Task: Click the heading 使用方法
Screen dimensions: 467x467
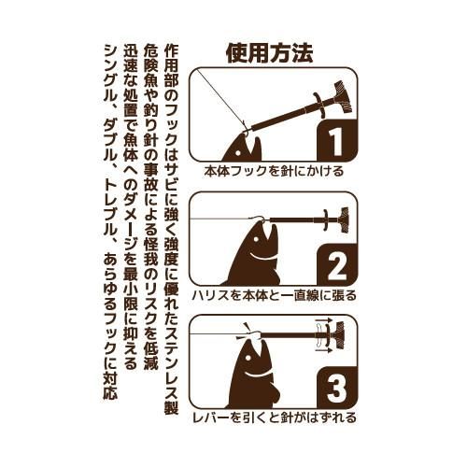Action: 270,53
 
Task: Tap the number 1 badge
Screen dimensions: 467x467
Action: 337,140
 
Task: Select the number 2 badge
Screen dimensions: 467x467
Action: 337,264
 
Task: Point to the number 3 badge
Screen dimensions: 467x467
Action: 337,388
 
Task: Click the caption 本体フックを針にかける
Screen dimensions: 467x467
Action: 274,171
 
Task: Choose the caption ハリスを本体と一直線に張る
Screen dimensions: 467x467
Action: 274,295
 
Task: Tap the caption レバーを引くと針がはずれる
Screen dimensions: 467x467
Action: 274,417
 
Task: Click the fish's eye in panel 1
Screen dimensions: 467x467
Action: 238,153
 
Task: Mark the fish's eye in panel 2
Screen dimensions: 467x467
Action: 256,240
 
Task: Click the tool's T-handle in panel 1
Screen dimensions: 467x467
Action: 342,97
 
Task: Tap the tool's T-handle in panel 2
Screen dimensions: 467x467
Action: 344,220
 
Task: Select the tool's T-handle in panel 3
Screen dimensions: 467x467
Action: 339,334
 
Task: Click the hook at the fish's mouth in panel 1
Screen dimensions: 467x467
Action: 248,131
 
